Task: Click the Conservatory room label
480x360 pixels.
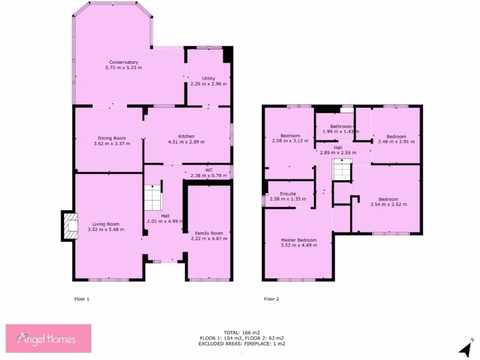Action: [x=124, y=62]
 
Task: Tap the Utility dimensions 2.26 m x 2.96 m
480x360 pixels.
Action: [x=209, y=84]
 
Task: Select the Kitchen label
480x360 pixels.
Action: [x=186, y=136]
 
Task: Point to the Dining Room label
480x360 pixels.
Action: [x=112, y=138]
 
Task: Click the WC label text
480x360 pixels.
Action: [x=209, y=170]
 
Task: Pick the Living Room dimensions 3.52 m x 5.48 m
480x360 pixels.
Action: [x=106, y=230]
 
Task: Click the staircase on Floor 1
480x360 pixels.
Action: [x=152, y=199]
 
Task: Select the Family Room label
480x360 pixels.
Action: [x=209, y=233]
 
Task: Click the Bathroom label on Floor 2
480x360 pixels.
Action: [x=340, y=127]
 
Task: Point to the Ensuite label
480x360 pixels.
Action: [x=288, y=194]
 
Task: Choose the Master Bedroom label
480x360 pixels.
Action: [x=299, y=240]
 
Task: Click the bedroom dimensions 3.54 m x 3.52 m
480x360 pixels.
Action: [x=389, y=204]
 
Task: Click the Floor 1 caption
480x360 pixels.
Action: [x=82, y=299]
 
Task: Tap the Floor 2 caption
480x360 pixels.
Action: [x=271, y=299]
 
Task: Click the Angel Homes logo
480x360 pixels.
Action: [x=48, y=338]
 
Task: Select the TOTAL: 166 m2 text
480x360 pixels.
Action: [x=241, y=333]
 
